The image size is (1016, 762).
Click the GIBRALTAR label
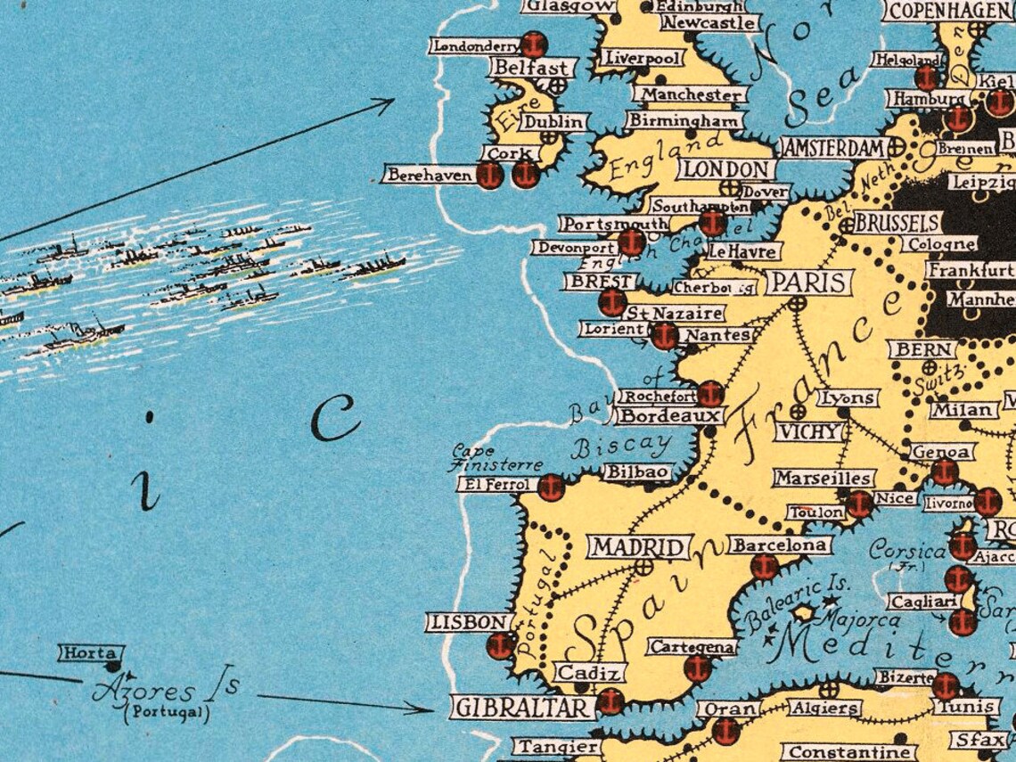pyautogui.click(x=523, y=708)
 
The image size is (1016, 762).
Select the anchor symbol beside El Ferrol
pyautogui.click(x=552, y=488)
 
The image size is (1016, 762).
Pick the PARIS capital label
pyautogui.click(x=808, y=283)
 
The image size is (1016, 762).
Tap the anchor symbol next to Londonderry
pyautogui.click(x=534, y=45)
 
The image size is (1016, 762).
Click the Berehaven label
pyautogui.click(x=429, y=176)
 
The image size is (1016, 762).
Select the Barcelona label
pyautogui.click(x=780, y=545)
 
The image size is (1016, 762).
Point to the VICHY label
pyautogui.click(x=809, y=431)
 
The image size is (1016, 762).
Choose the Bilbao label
pyautogui.click(x=637, y=471)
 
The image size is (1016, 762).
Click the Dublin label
pyautogui.click(x=553, y=121)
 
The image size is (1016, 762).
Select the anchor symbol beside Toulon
pyautogui.click(x=859, y=504)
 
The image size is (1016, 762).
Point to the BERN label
pyautogui.click(x=921, y=349)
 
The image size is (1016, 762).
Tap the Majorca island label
pyautogui.click(x=848, y=618)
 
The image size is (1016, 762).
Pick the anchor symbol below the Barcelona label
pyautogui.click(x=764, y=566)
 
